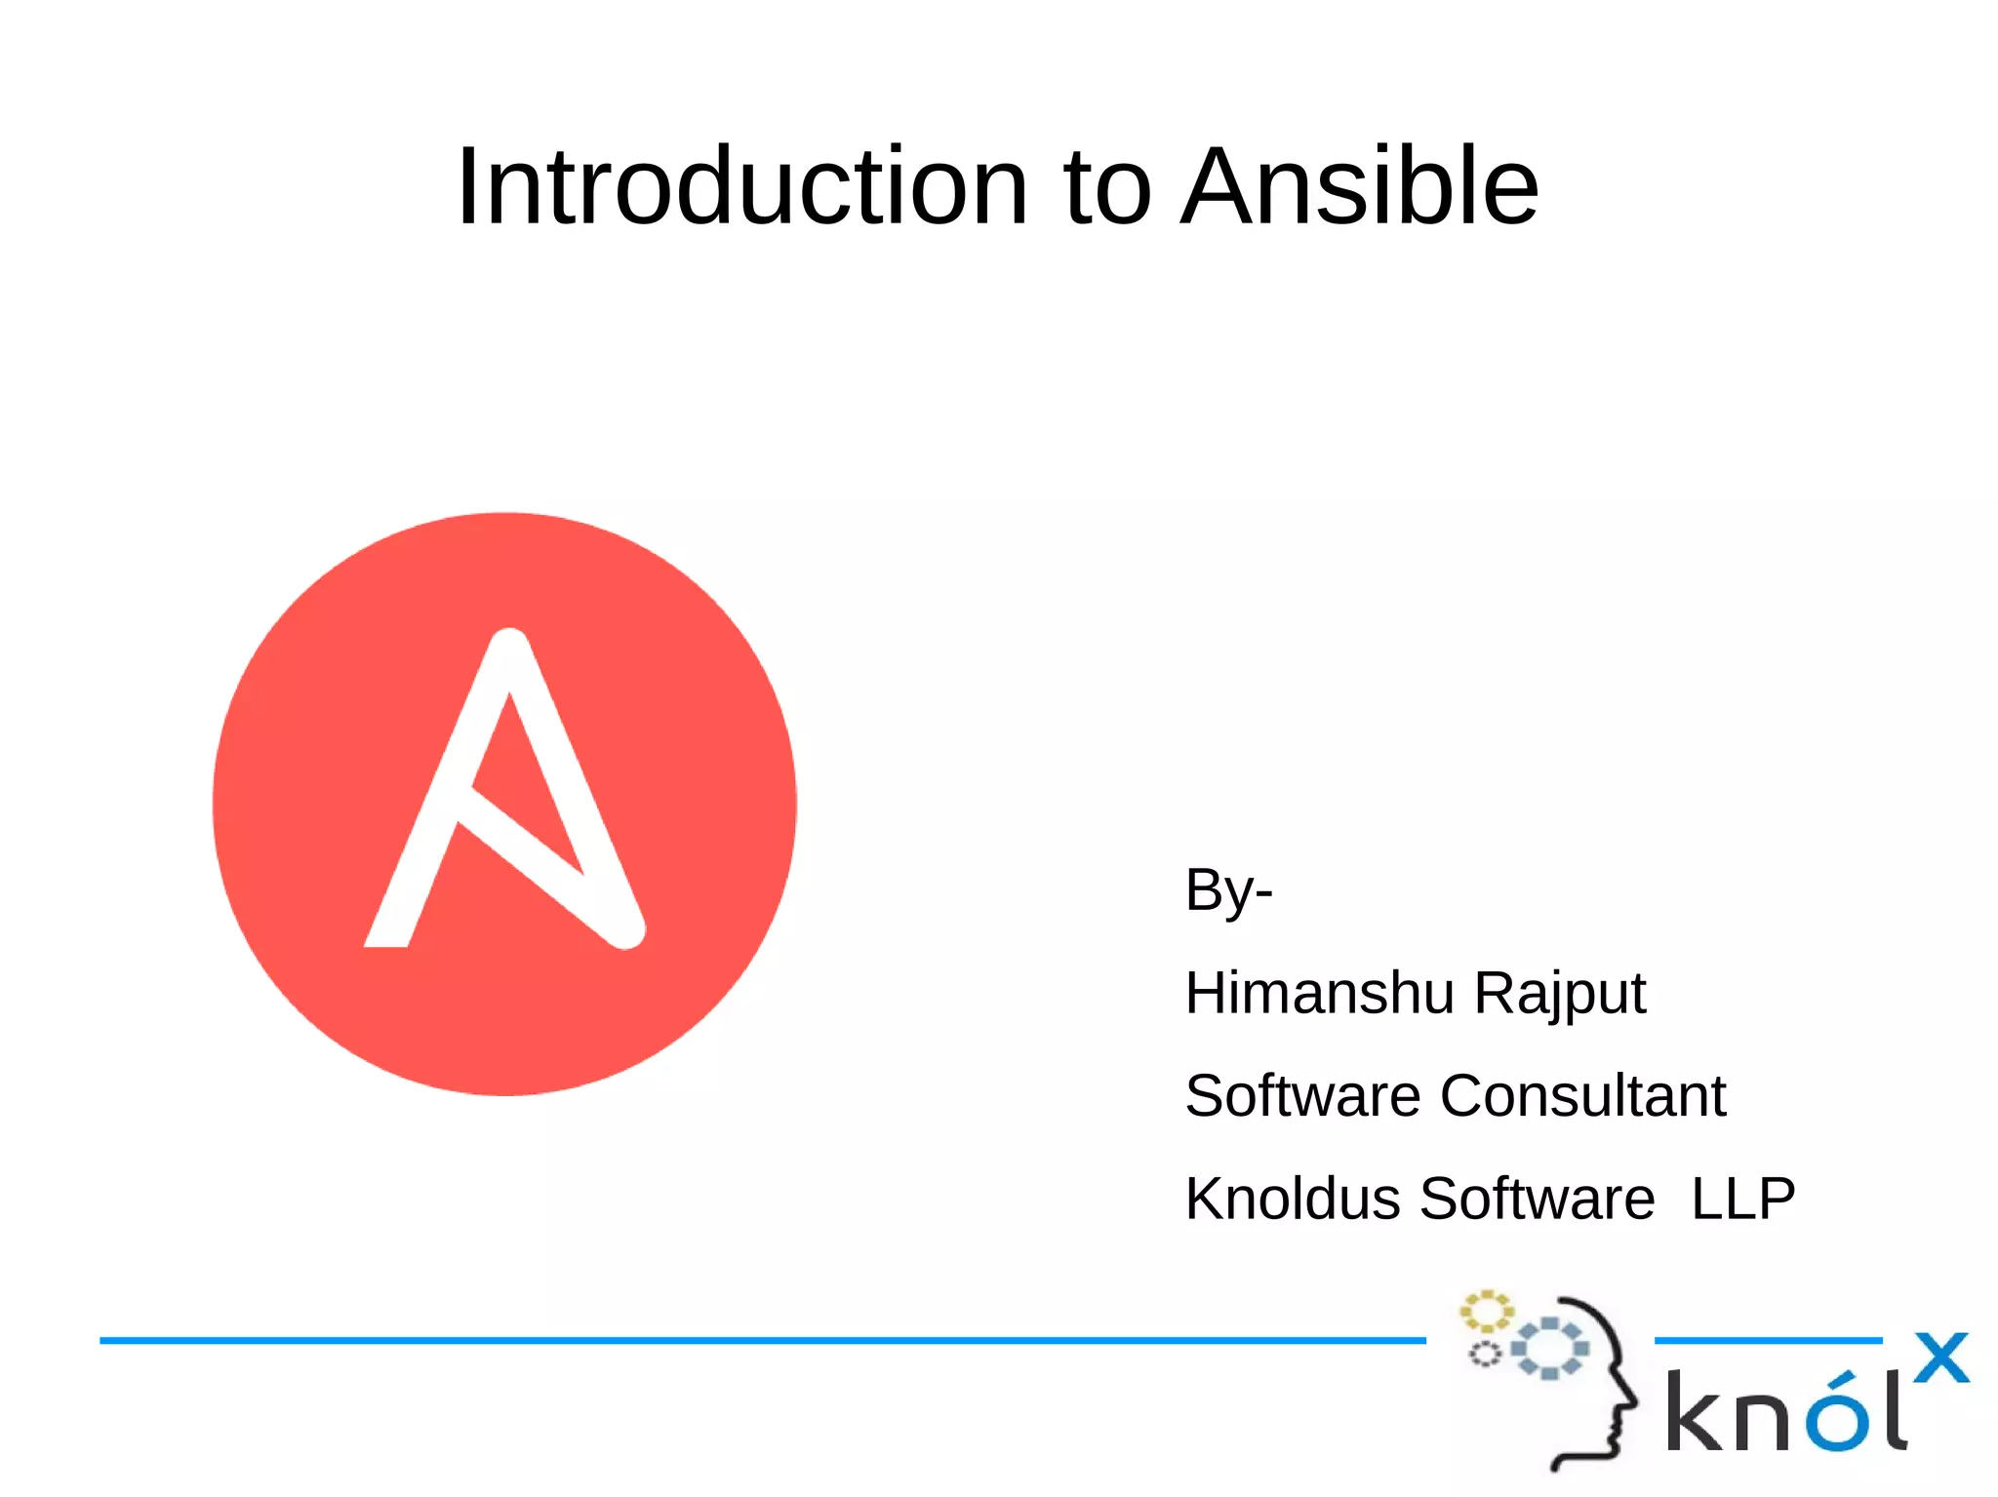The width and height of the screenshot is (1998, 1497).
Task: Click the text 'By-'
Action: tap(1227, 890)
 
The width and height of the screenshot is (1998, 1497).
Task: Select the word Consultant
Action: tap(1582, 1095)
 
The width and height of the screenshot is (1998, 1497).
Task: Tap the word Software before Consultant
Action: tap(1302, 1095)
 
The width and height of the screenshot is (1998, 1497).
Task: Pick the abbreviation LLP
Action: tap(1742, 1199)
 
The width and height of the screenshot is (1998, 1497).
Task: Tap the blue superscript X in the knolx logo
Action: tap(1940, 1358)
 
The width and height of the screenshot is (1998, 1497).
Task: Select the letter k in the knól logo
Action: tap(1696, 1412)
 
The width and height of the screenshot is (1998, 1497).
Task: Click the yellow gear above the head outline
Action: tap(1485, 1312)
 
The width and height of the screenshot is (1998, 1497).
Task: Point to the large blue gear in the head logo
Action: tap(1549, 1348)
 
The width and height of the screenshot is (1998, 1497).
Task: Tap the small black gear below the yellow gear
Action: tap(1485, 1355)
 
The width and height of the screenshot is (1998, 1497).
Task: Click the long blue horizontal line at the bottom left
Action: tap(761, 1341)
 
